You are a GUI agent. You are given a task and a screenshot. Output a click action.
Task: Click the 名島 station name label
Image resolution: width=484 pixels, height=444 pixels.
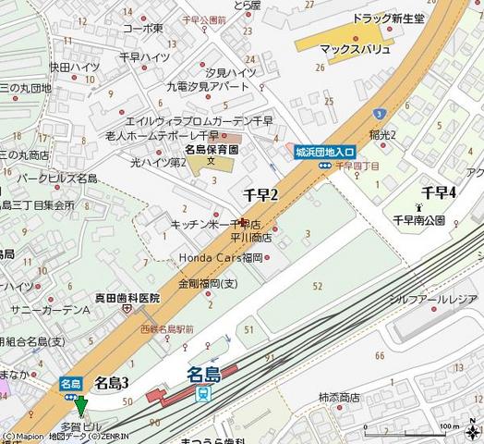click(x=204, y=374)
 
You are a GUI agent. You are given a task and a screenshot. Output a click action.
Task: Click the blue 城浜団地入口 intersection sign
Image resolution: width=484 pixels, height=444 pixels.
click(x=325, y=151)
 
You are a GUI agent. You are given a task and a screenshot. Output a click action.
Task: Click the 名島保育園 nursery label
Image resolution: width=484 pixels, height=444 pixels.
click(x=212, y=148)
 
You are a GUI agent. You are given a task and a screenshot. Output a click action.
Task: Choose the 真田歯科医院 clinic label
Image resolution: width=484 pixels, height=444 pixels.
click(x=127, y=297)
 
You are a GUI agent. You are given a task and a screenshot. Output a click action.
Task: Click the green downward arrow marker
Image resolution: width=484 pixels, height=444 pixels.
click(x=81, y=405)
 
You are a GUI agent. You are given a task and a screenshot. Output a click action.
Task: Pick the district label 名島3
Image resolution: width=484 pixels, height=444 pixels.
click(x=112, y=382)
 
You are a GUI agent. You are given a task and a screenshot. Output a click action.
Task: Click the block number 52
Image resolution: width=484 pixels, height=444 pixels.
click(x=318, y=287)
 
